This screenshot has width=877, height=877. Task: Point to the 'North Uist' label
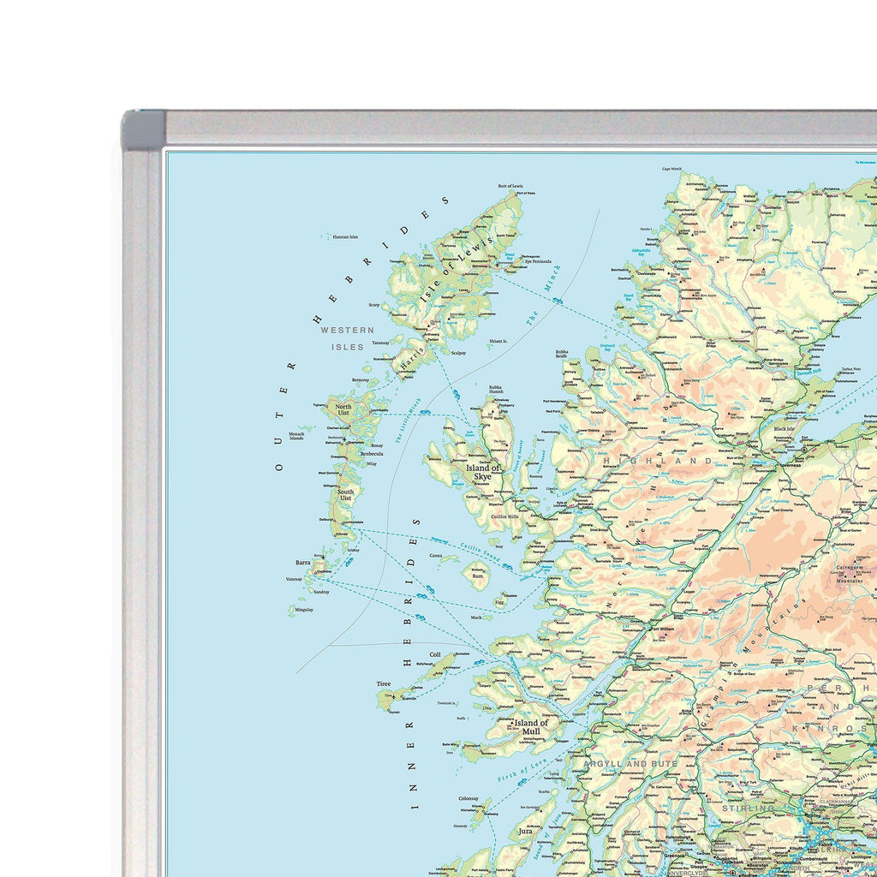coord(343,410)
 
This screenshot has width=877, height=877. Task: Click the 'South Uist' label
coord(345,496)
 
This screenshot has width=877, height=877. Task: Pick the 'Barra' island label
coord(303,563)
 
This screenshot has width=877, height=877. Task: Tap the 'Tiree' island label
coord(383,684)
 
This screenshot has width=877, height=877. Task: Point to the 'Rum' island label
coord(479,576)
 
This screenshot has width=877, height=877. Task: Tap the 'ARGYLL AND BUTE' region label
coord(626,763)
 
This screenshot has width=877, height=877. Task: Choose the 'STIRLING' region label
coord(748,808)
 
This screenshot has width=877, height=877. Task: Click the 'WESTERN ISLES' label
coord(347,338)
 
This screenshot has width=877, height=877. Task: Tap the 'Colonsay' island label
coord(468,798)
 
